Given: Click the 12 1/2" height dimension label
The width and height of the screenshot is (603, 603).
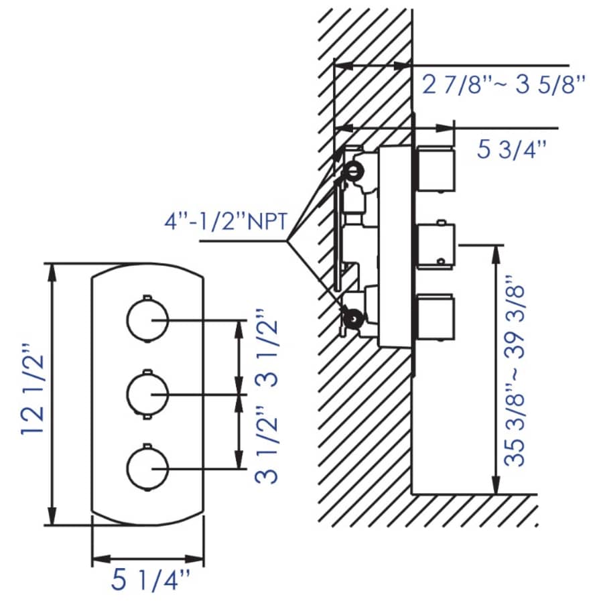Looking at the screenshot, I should [31, 391].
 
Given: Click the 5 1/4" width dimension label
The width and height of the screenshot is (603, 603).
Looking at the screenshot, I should [151, 580].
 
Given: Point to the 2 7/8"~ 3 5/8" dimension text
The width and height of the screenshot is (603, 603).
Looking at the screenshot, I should [504, 85].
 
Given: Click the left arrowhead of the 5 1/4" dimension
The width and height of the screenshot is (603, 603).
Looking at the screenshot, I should [97, 559].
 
